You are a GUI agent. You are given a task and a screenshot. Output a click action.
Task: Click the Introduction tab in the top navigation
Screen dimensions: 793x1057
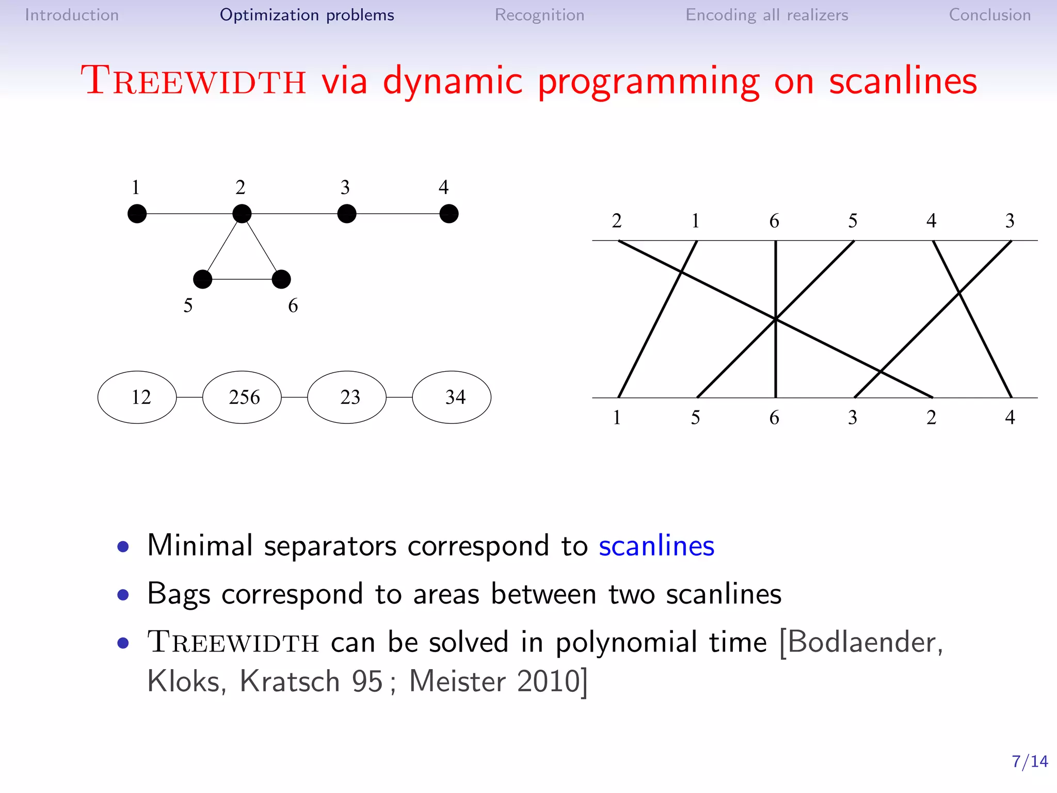click(x=72, y=15)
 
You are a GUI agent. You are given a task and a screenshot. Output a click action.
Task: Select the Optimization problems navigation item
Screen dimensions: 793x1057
click(x=307, y=15)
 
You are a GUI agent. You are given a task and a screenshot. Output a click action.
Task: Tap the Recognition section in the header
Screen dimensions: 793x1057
click(x=539, y=15)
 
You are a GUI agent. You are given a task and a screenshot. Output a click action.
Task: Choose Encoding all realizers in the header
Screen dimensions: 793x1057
click(x=766, y=15)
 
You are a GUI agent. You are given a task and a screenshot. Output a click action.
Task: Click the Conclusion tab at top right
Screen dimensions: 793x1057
click(x=989, y=15)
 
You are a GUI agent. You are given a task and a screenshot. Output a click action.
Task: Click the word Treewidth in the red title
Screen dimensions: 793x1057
click(x=194, y=82)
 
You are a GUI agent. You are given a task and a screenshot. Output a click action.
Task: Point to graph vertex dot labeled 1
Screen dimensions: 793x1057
click(x=137, y=214)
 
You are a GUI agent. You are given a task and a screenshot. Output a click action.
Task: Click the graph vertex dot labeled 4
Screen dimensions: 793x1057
click(x=449, y=214)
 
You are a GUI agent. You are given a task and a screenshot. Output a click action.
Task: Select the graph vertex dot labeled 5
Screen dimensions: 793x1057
click(x=202, y=279)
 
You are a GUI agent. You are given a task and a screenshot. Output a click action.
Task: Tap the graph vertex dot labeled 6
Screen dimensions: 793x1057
click(x=281, y=279)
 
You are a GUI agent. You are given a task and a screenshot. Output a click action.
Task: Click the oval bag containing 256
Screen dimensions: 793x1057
click(x=242, y=397)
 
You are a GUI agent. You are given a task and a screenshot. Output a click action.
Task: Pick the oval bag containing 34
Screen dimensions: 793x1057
click(x=452, y=397)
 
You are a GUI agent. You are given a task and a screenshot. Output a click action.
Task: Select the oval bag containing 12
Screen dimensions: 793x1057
click(x=137, y=397)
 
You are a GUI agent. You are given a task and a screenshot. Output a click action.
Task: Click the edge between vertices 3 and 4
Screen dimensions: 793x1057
click(x=397, y=214)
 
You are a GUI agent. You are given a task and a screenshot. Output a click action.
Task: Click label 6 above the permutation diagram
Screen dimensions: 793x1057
click(x=774, y=221)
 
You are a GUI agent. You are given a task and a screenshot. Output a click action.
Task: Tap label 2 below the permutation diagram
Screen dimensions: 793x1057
click(x=931, y=417)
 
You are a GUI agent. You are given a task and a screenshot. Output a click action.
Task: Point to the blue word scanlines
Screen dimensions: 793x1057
click(x=656, y=546)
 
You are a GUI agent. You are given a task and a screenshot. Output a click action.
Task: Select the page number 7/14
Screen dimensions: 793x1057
click(x=1029, y=762)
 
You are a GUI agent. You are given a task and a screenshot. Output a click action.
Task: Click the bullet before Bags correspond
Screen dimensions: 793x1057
click(x=123, y=595)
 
